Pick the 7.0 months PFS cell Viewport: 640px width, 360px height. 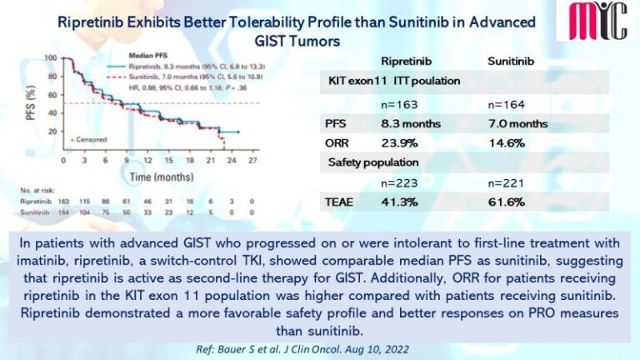pyautogui.click(x=517, y=124)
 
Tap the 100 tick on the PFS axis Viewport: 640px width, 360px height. pyautogui.click(x=52, y=58)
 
